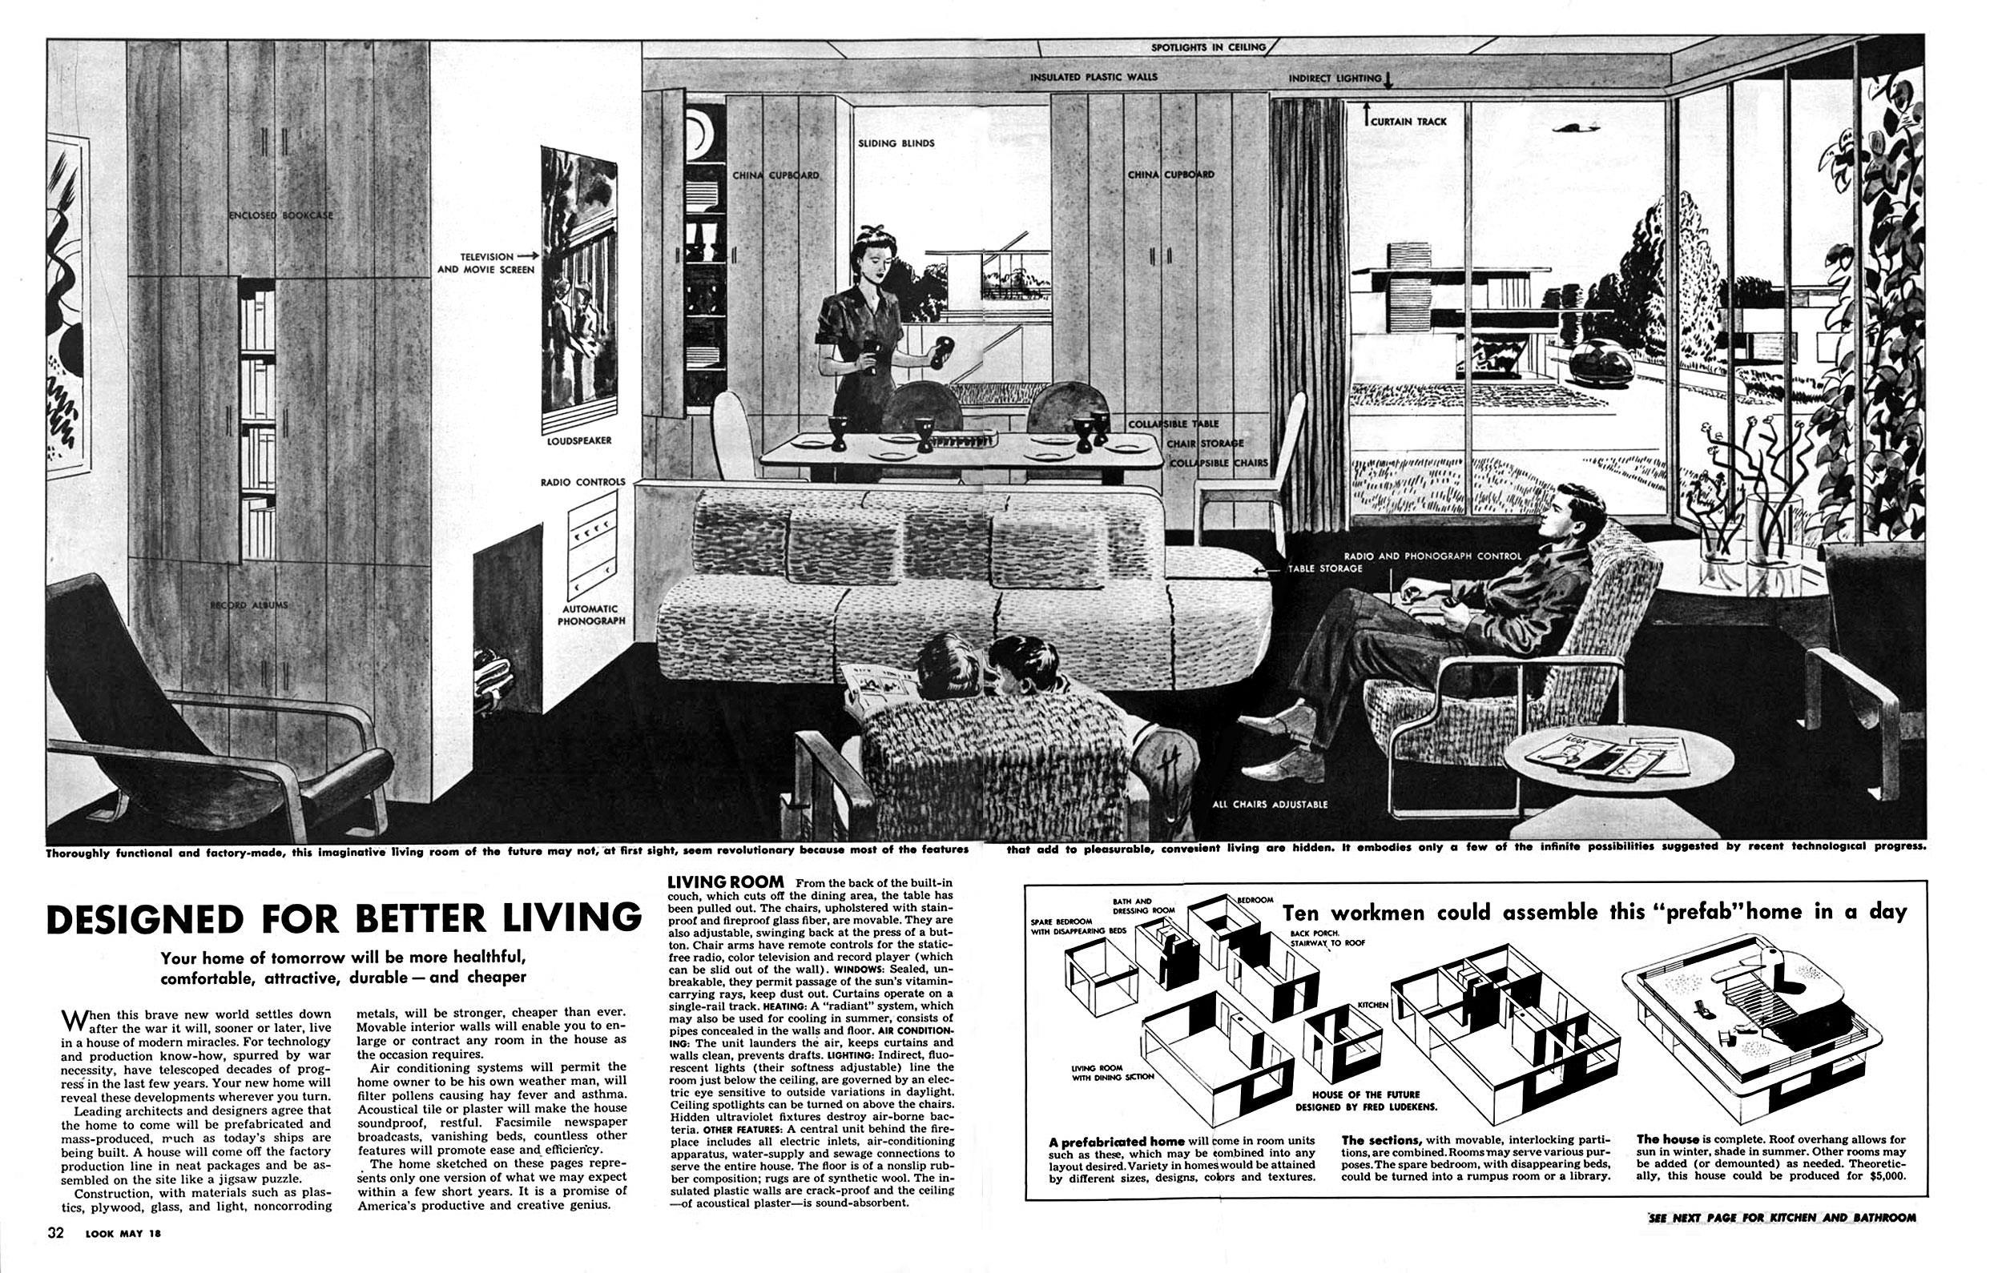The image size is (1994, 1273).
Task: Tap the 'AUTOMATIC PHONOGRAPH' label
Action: click(x=591, y=614)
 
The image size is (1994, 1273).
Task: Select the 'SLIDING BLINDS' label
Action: click(x=896, y=143)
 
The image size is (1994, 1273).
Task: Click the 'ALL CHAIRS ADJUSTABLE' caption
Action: click(x=1270, y=804)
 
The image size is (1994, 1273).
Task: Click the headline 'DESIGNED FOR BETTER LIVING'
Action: click(x=344, y=920)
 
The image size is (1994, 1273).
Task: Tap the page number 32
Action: click(x=56, y=1255)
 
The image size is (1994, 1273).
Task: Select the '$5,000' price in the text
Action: click(x=1880, y=1199)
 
